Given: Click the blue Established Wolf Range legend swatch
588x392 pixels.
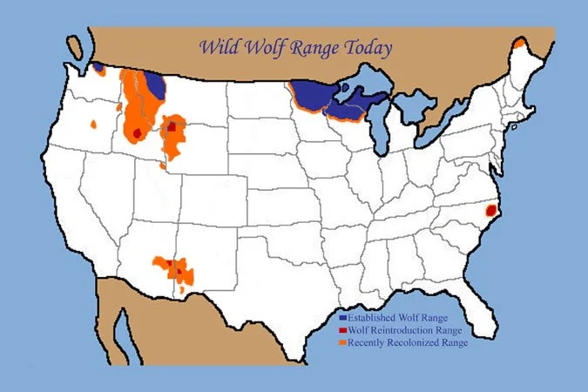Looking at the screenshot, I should [x=343, y=319].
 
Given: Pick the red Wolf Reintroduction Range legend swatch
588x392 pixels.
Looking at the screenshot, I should [x=343, y=331].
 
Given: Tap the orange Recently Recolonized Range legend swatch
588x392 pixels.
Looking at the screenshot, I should [x=343, y=343].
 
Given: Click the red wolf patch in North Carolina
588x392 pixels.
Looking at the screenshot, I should [x=490, y=210].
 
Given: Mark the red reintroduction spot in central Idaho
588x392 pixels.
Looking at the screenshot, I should [x=138, y=132].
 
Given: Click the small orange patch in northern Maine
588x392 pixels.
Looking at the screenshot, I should [x=520, y=43].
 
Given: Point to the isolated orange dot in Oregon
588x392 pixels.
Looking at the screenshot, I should [x=93, y=125].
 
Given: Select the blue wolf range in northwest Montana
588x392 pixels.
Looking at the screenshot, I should [x=156, y=84].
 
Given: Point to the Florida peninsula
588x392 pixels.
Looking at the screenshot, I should [x=475, y=309].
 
